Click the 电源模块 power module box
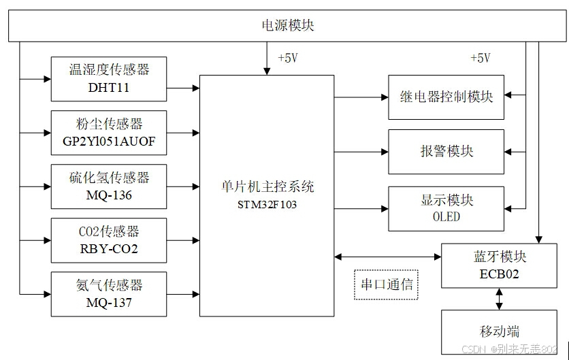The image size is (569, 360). point(288,27)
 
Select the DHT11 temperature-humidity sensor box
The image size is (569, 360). point(109,78)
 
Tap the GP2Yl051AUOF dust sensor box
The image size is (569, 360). point(109,133)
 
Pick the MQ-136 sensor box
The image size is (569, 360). point(109,186)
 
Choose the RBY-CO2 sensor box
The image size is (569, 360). point(109,240)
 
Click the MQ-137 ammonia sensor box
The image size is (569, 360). point(109,294)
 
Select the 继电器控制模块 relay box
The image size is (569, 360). point(446,97)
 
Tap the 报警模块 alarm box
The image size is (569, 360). point(446,151)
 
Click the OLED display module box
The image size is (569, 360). point(446,208)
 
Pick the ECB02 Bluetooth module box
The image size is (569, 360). point(500,265)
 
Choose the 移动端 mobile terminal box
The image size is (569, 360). point(500,331)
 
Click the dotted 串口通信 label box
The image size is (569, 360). point(386,284)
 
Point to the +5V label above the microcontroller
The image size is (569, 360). point(287,59)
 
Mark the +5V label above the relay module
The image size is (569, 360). point(480,59)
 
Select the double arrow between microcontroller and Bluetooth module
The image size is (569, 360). point(387,257)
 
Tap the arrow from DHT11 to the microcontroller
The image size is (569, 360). point(182,88)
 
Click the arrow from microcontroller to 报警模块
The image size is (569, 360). point(361,151)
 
